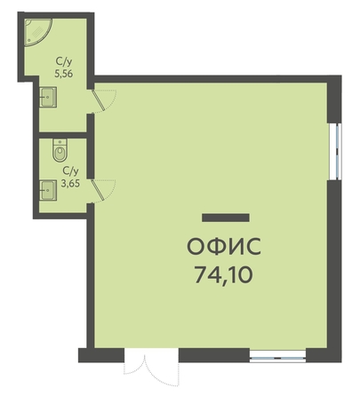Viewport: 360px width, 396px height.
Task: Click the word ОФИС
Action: point(224,246)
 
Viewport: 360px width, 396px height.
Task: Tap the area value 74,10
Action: point(224,274)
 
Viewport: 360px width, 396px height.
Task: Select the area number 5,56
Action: point(63,74)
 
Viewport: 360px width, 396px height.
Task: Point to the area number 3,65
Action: point(70,184)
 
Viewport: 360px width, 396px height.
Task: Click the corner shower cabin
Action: point(37,31)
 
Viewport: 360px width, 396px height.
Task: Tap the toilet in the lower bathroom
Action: point(60,150)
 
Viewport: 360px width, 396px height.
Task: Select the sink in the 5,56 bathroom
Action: point(49,97)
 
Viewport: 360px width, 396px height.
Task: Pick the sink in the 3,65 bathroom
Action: point(49,190)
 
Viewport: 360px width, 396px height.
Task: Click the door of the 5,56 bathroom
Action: point(99,100)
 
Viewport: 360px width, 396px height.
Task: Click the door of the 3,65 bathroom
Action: point(98,190)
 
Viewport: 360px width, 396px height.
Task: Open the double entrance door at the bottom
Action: point(151,368)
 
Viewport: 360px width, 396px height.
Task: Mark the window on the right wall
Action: point(336,151)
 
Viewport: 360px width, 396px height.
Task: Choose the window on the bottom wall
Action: point(277,356)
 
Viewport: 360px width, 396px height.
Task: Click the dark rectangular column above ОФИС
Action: point(226,218)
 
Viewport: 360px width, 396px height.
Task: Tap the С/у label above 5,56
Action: point(64,62)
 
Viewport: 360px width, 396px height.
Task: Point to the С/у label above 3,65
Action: point(70,171)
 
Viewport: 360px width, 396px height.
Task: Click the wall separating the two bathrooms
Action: point(63,135)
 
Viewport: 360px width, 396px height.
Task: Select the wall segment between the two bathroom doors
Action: point(91,146)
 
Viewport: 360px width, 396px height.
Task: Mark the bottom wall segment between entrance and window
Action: point(214,355)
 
